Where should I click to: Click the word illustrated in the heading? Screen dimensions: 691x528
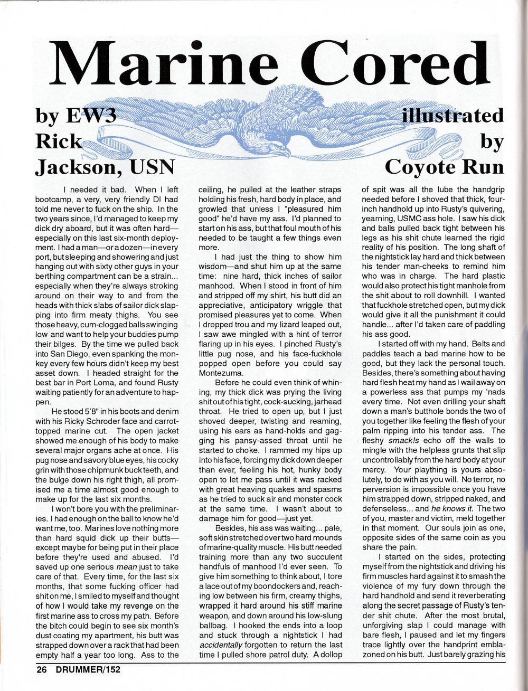click(452, 115)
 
